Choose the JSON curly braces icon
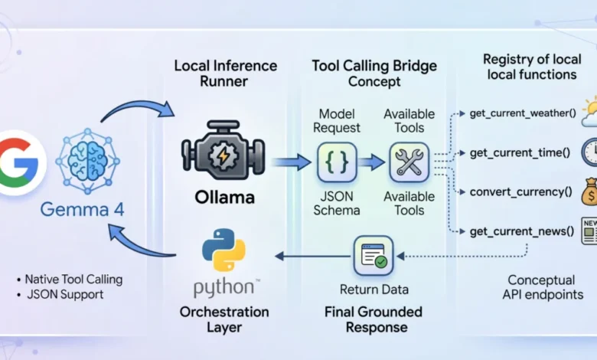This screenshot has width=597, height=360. [x=337, y=162]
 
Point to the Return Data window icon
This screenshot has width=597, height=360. [x=373, y=255]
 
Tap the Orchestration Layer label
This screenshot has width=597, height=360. [x=223, y=320]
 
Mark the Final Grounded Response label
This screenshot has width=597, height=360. [x=373, y=320]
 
